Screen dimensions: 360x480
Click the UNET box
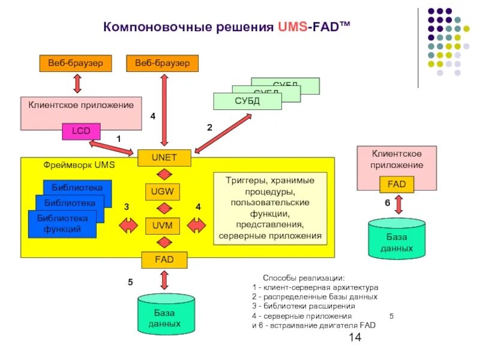click(x=164, y=158)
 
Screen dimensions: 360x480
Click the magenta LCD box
click(x=81, y=131)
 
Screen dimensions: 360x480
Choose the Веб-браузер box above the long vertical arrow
click(x=162, y=62)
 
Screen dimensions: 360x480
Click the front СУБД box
click(x=247, y=101)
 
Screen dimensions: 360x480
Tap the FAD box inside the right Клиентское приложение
click(x=397, y=184)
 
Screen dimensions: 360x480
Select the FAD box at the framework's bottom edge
click(x=164, y=260)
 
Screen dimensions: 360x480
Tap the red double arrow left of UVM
click(x=128, y=226)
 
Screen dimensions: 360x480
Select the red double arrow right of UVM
click(x=196, y=226)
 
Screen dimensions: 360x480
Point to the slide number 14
click(x=355, y=338)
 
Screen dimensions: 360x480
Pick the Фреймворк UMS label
click(x=79, y=164)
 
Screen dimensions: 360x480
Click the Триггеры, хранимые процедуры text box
click(x=269, y=208)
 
